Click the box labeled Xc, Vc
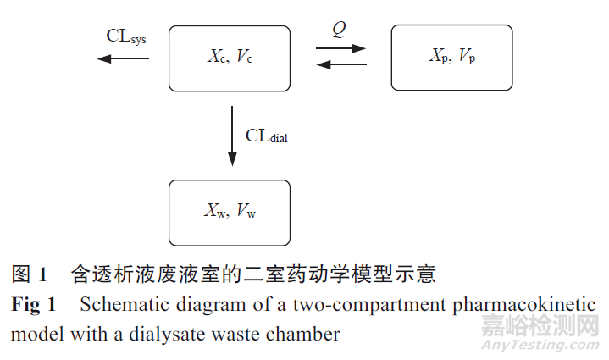point(230,58)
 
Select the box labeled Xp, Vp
point(451,58)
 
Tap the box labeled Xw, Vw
point(230,211)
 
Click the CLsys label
point(126,36)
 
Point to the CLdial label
point(267,136)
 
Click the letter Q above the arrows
point(339,30)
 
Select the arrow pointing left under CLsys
point(123,58)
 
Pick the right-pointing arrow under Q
point(340,49)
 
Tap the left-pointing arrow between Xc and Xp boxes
point(340,65)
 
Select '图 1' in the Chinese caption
point(29,274)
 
